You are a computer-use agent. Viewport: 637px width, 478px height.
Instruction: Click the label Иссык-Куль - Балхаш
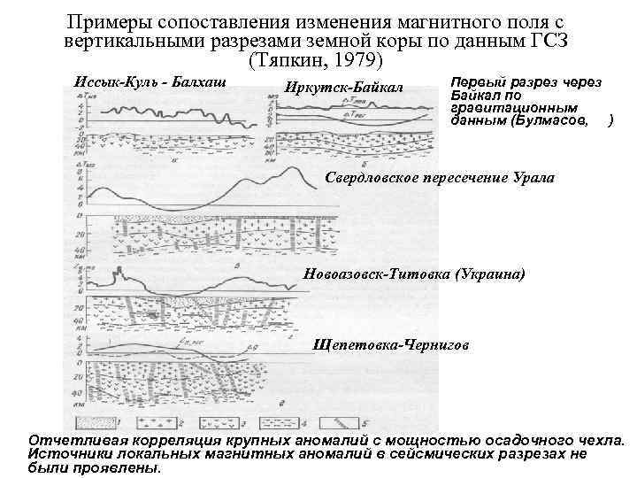pyautogui.click(x=151, y=81)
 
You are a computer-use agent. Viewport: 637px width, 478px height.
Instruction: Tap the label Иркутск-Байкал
pyautogui.click(x=343, y=87)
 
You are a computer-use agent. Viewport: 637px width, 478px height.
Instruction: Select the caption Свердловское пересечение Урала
pyautogui.click(x=440, y=178)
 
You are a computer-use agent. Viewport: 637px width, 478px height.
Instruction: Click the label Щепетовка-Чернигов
pyautogui.click(x=390, y=344)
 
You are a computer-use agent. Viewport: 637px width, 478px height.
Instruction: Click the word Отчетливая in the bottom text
pyautogui.click(x=72, y=440)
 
